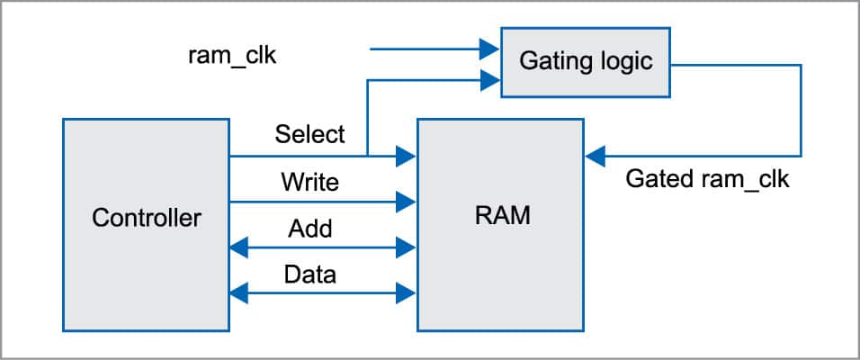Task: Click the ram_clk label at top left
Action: coord(232,56)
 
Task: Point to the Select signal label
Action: coord(309,134)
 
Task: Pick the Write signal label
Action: coord(309,182)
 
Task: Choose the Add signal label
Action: coord(309,229)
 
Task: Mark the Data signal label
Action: coord(309,274)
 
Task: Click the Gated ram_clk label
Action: coord(707,179)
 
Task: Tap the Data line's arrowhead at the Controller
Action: coord(239,291)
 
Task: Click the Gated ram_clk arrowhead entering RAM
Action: coord(594,157)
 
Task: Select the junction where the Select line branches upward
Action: coord(367,157)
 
